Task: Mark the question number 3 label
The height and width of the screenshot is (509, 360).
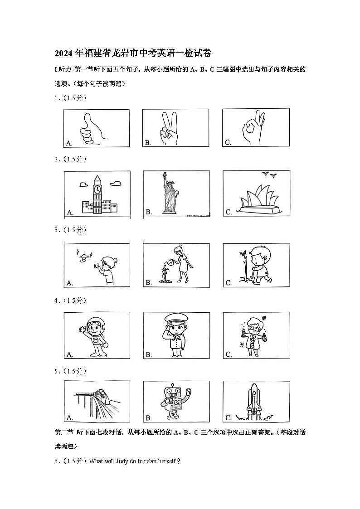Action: (x=57, y=230)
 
